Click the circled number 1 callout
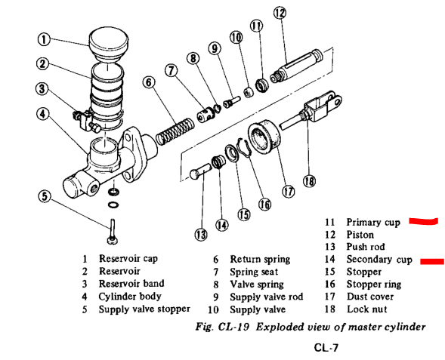point(44,39)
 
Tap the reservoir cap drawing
point(108,45)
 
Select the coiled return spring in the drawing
point(175,131)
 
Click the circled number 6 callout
point(149,82)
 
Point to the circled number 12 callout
point(280,13)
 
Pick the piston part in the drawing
point(297,66)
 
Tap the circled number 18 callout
point(309,181)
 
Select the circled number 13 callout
point(201,235)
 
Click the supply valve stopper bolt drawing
point(113,231)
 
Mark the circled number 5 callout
point(45,196)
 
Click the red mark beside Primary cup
point(423,221)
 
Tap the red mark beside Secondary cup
point(432,261)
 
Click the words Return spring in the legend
point(260,259)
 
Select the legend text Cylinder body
point(130,297)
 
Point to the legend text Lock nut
point(367,309)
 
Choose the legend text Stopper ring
point(374,285)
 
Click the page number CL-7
point(326,347)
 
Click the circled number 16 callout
point(264,204)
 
